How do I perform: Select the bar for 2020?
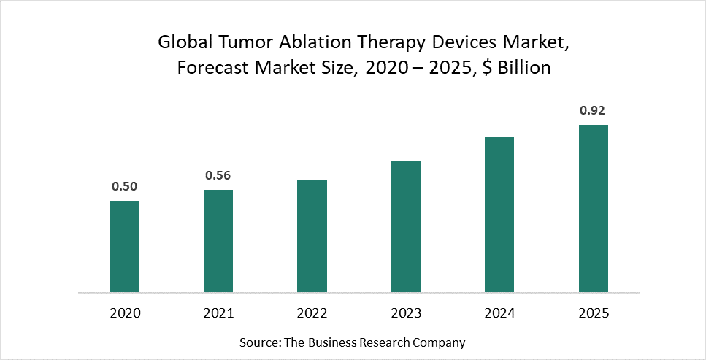point(124,246)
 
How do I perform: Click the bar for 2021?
point(218,241)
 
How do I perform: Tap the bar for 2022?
point(312,236)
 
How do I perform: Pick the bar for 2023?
point(406,226)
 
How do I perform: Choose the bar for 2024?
point(499,214)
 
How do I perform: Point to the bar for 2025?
point(594,208)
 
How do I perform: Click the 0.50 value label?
point(124,186)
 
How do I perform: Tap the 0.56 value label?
point(218,175)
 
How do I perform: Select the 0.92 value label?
point(593,111)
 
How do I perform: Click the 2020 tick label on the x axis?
point(125,313)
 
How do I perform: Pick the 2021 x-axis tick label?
point(218,313)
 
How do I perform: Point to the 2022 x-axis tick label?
point(312,313)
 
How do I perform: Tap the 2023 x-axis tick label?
point(406,313)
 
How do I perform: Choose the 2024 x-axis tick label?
point(499,313)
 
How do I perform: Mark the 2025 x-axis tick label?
point(594,313)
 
